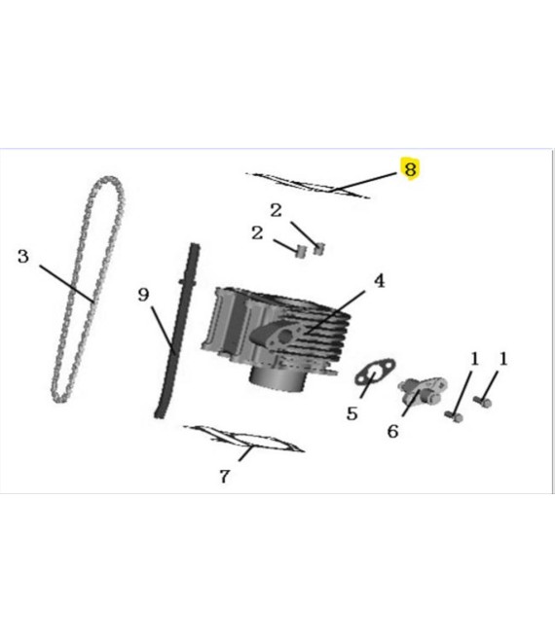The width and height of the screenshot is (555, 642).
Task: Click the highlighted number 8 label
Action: (410, 169)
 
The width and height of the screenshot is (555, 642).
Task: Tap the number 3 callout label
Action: (24, 257)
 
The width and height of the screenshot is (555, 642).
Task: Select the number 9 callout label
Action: (144, 293)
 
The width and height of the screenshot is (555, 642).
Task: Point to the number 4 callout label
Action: (379, 281)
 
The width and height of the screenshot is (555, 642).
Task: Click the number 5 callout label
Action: (351, 413)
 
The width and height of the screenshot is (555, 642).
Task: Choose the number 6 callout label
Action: (392, 430)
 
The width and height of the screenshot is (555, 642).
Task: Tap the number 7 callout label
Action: (224, 477)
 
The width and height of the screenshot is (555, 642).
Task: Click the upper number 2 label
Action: (277, 209)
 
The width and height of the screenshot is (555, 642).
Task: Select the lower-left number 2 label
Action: (257, 232)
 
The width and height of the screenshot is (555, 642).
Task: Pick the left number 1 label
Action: (474, 359)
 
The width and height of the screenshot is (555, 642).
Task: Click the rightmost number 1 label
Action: (503, 359)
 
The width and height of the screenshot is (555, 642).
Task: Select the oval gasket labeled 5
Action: (372, 374)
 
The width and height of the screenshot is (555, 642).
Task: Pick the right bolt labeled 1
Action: (484, 401)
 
